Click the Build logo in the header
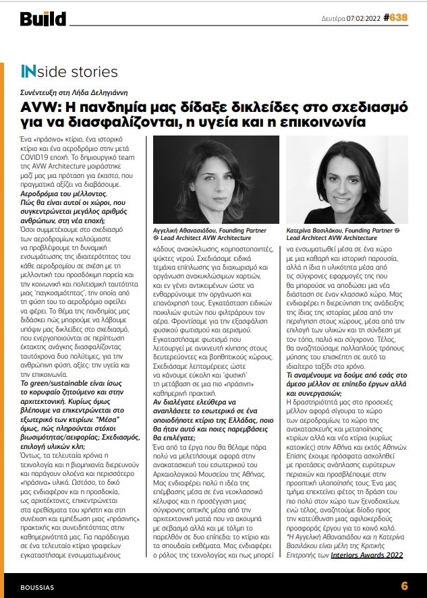click(42, 19)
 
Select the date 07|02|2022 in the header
click(365, 19)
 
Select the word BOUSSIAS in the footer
click(37, 586)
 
